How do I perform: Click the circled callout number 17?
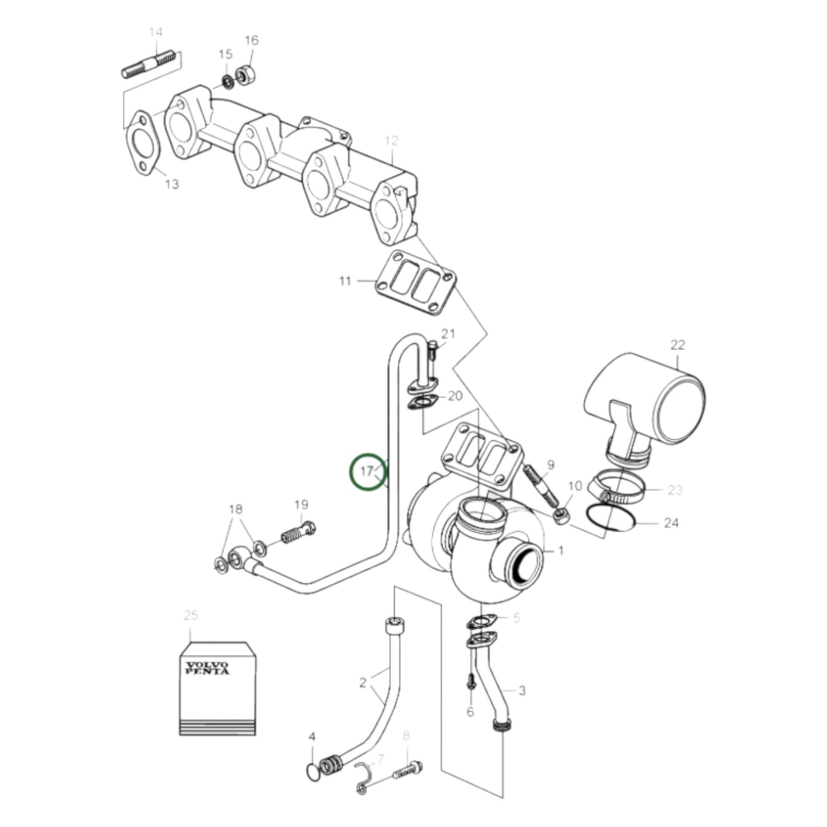pos(367,471)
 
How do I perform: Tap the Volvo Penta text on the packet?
pos(207,668)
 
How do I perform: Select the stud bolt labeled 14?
pos(148,65)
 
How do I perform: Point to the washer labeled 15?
pos(227,82)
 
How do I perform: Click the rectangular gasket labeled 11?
pos(416,283)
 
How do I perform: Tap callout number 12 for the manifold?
pos(391,141)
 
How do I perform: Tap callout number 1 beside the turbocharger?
pos(561,551)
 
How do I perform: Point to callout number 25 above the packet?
pos(191,616)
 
